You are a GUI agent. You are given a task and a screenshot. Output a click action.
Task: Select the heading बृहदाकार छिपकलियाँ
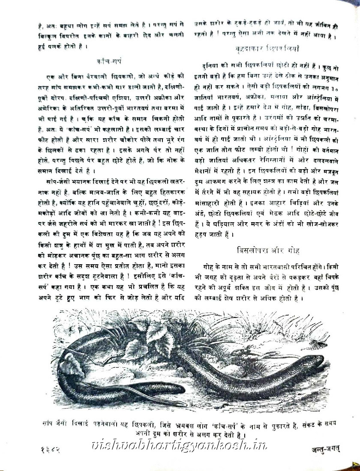coord(269,49)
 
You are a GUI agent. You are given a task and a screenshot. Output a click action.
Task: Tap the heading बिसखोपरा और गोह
coord(269,249)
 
